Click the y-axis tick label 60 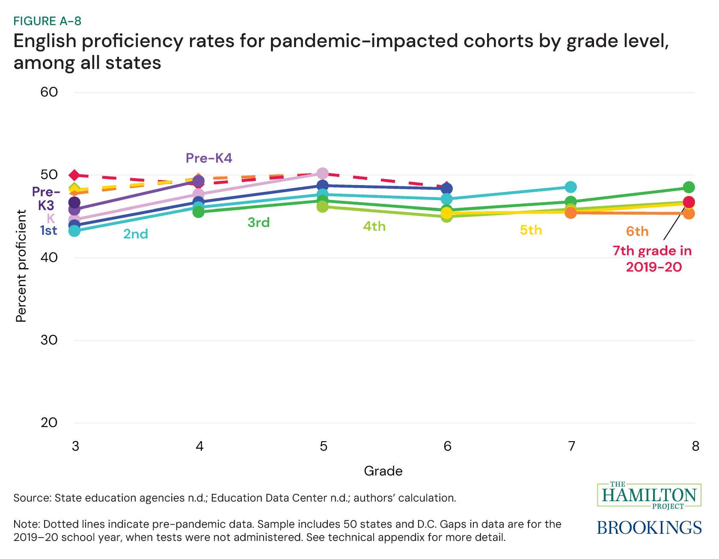50,92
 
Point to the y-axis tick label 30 50,340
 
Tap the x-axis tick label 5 323,446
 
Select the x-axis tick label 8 695,446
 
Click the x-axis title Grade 383,471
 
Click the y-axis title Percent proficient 21,266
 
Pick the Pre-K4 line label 209,158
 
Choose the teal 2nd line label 136,234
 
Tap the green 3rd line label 258,223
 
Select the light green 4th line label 374,226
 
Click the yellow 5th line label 531,230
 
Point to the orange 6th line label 637,232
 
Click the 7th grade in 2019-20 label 653,259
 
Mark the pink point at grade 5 322,173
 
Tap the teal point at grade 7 570,187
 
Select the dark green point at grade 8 689,187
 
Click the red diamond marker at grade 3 74,175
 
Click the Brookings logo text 649,527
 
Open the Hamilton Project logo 649,496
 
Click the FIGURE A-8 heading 48,21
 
